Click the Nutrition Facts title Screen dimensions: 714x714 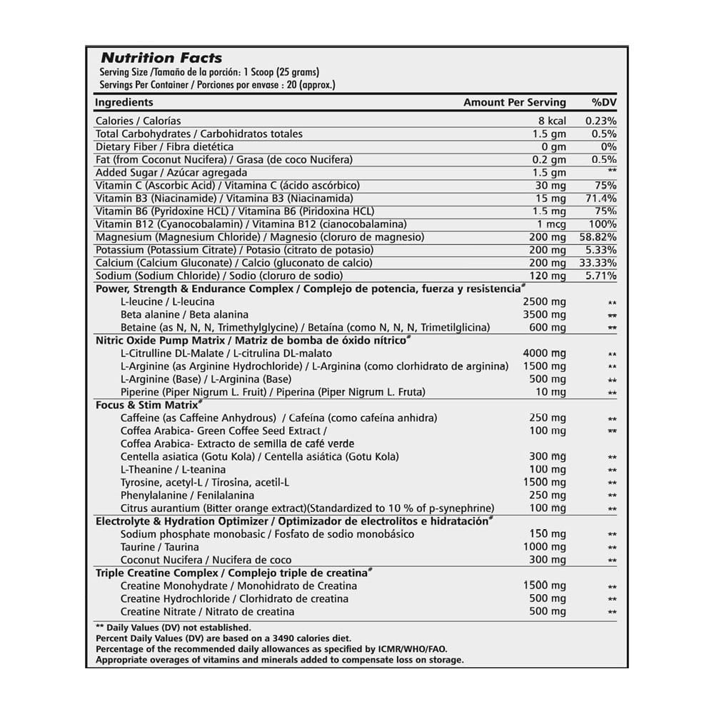[161, 58]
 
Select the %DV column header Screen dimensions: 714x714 [604, 102]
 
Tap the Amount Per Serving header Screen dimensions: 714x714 [514, 102]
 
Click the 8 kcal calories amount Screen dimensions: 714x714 [552, 121]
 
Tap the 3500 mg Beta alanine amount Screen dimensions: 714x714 [545, 314]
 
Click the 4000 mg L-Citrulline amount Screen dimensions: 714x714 [545, 353]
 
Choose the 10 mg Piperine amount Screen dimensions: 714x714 [551, 392]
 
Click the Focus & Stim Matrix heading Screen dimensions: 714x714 [146, 405]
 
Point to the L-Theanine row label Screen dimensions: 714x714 [173, 469]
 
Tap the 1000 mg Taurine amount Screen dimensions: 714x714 [545, 547]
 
